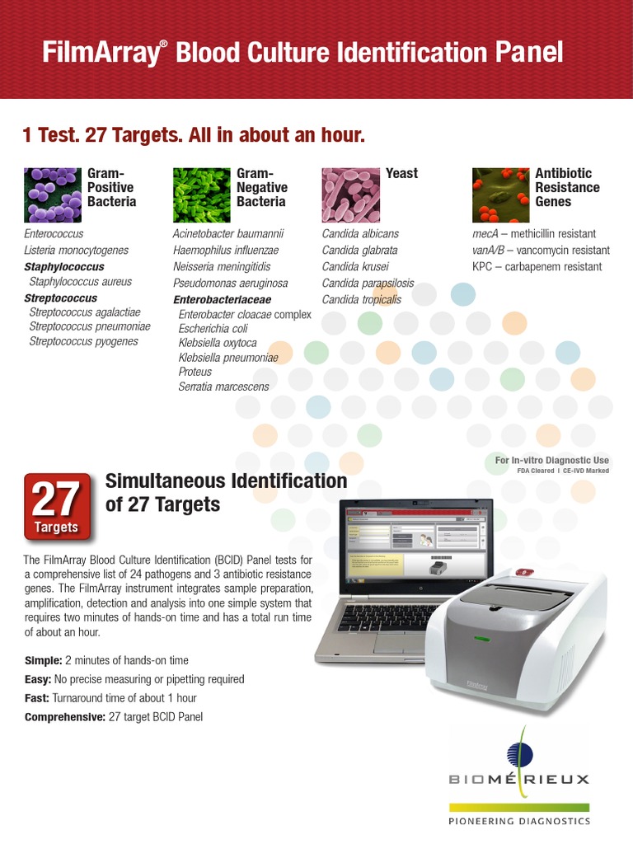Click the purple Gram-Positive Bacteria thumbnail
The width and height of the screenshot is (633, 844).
[x=52, y=195]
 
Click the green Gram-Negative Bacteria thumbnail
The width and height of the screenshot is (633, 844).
[x=201, y=195]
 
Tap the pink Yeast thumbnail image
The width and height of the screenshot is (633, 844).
[x=350, y=195]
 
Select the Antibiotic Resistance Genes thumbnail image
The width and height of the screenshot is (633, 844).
[x=500, y=195]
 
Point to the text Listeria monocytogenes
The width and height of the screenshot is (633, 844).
[x=76, y=250]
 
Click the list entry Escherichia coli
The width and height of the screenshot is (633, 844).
[x=213, y=328]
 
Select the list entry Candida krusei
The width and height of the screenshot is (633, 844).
[x=355, y=266]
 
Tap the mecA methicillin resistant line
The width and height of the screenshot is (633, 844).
[x=534, y=234]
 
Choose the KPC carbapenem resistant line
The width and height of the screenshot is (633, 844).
[x=537, y=266]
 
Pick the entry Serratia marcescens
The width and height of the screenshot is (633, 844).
[x=223, y=386]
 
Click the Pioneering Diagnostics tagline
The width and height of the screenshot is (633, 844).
[x=519, y=822]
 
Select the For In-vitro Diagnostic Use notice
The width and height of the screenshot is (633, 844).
[x=552, y=460]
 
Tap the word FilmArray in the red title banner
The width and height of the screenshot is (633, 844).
[x=100, y=54]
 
